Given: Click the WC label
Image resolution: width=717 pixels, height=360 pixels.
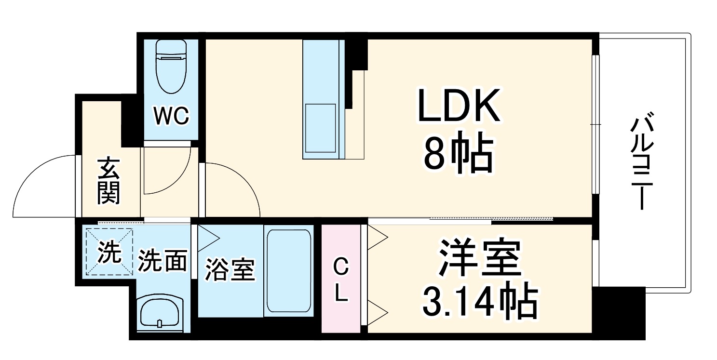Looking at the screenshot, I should (x=171, y=116).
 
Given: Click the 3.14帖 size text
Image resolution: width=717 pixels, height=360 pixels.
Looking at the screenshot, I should (x=480, y=301).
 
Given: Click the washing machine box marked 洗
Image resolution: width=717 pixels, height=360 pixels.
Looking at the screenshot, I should (x=108, y=251).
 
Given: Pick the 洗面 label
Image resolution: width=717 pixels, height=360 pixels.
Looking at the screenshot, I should (x=162, y=261).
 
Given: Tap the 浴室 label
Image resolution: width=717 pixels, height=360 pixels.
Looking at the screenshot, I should (x=229, y=270).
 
